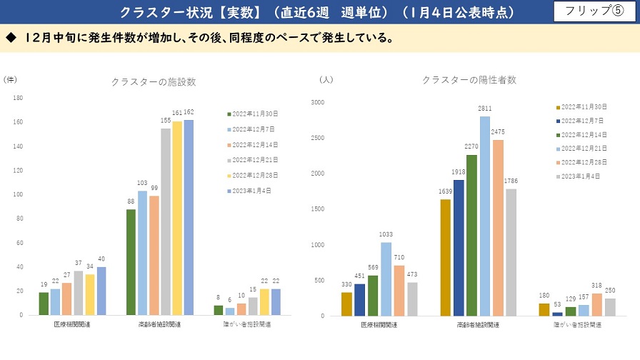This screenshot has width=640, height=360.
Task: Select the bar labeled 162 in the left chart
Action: tap(189, 217)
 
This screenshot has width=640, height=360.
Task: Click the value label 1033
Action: tap(386, 234)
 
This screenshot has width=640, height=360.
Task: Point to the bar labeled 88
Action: tap(131, 261)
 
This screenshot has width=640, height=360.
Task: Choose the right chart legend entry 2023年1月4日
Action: tap(578, 176)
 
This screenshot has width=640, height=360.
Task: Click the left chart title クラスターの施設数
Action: tap(154, 82)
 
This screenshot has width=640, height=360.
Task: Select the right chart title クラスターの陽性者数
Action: tap(469, 80)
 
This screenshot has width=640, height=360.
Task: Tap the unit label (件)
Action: tap(10, 80)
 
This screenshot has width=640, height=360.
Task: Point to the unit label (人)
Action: tap(326, 80)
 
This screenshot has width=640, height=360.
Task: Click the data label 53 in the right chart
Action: tap(557, 304)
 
